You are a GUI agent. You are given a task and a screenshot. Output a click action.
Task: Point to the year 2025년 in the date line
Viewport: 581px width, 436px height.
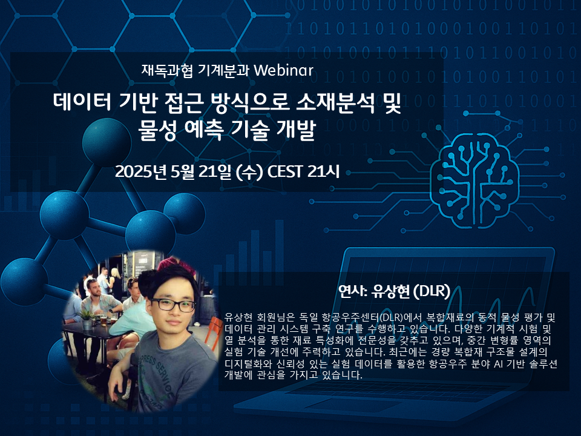(x=141, y=171)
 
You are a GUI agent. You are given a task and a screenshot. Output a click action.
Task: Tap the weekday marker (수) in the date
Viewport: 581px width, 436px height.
(x=249, y=172)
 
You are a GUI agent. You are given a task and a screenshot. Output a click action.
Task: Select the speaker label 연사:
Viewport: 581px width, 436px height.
(x=352, y=291)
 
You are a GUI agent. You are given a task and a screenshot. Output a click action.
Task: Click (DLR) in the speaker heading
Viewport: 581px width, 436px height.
(x=432, y=291)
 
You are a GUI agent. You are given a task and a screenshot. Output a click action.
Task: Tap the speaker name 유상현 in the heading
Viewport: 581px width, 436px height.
(x=390, y=291)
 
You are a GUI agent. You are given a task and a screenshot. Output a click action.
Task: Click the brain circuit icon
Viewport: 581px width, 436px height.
(x=474, y=179)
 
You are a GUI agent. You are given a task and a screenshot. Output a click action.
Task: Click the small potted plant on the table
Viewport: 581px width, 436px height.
(x=88, y=320)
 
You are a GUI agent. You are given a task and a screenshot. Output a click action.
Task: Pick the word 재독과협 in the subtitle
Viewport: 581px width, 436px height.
(x=167, y=70)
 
